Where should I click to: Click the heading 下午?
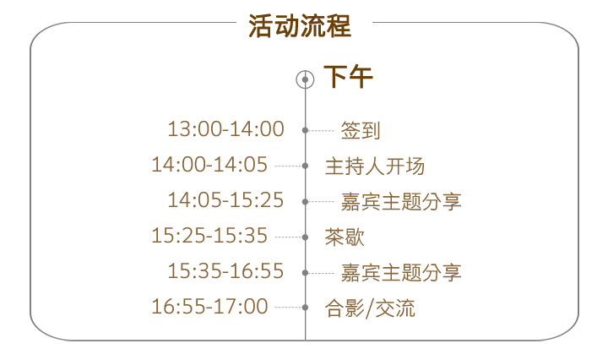(x=348, y=78)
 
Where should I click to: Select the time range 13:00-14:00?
(x=225, y=129)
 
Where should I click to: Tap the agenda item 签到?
(x=361, y=130)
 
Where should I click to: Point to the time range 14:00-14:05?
(x=209, y=165)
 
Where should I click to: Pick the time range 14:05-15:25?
(x=225, y=200)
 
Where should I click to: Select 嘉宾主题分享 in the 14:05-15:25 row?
(x=401, y=201)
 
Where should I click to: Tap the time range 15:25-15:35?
(x=209, y=236)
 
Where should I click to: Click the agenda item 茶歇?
(x=345, y=237)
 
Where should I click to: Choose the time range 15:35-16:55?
(x=225, y=271)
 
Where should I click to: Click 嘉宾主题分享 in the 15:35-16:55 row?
(x=401, y=272)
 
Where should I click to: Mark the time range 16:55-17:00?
(x=209, y=307)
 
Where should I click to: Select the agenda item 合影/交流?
(x=370, y=308)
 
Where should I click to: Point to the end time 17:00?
(x=246, y=307)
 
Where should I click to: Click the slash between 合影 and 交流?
(x=370, y=308)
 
